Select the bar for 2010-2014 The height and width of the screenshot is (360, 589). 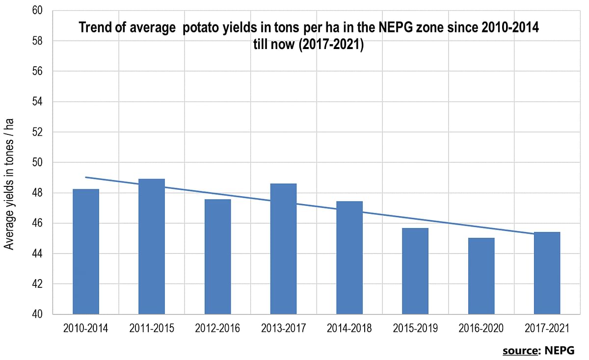(86, 252)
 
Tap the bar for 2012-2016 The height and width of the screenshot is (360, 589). (217, 257)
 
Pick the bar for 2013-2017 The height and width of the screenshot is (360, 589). (283, 249)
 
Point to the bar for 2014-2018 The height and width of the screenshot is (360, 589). (349, 257)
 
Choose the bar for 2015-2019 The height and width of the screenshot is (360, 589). (415, 271)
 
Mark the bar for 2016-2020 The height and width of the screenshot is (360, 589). (481, 276)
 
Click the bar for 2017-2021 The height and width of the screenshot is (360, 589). (547, 273)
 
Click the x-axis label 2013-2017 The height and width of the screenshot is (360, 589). (283, 328)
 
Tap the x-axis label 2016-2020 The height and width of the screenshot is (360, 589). (481, 328)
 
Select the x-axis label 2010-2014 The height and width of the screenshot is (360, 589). (86, 328)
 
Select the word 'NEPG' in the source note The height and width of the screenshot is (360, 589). (561, 351)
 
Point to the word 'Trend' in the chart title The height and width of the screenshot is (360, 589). (94, 28)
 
